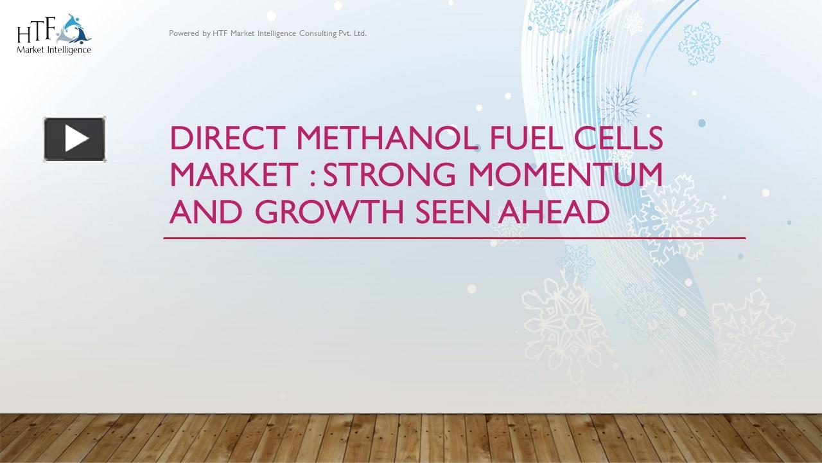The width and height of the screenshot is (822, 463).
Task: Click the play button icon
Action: point(74,139)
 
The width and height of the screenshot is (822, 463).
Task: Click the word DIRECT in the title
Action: point(209,140)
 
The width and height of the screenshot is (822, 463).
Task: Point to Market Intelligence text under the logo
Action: point(54,50)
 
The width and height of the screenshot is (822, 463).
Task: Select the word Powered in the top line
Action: point(184,33)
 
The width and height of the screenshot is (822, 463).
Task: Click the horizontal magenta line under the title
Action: point(454,238)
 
